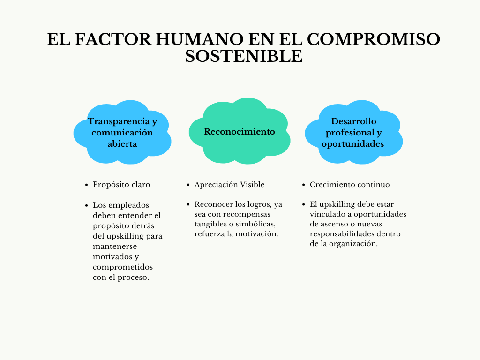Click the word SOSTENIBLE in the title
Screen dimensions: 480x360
(244, 56)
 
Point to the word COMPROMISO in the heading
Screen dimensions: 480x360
(374, 39)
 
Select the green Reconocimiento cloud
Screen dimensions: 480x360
(240, 131)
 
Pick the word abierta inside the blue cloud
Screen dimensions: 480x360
(122, 143)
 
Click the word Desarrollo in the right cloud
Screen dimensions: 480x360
(353, 121)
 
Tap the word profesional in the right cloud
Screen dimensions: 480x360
(350, 133)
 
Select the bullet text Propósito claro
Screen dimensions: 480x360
(121, 185)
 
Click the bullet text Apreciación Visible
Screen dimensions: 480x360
(229, 185)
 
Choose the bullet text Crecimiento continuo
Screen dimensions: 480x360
(350, 185)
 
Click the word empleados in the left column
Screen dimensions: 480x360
(129, 205)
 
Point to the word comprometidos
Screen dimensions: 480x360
(123, 267)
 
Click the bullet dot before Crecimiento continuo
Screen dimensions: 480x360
(303, 185)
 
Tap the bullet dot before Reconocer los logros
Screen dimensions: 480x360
(188, 204)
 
